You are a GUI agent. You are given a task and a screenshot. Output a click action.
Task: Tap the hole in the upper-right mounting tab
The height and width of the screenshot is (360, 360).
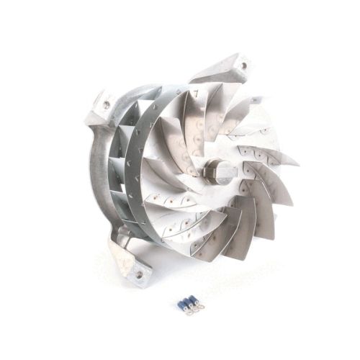pyautogui.click(x=243, y=66)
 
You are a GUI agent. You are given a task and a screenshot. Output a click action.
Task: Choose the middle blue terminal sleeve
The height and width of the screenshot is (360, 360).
pyautogui.click(x=189, y=300)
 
